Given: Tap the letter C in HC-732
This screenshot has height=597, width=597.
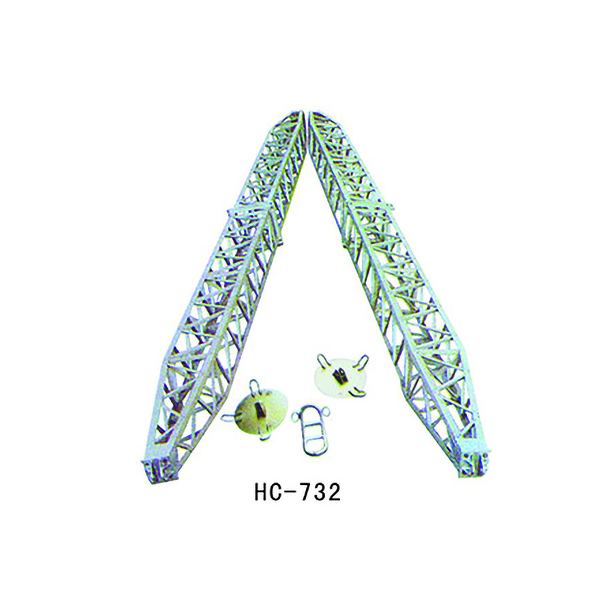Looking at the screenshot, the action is (x=277, y=493).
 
